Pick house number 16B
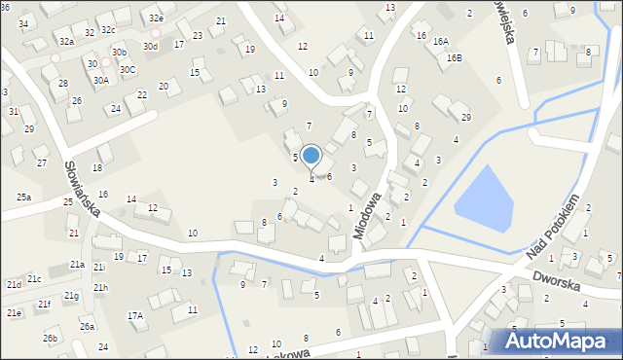click(455, 57)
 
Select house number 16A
click(441, 41)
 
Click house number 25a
click(23, 198)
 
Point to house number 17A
click(135, 315)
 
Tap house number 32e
click(157, 18)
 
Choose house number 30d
click(150, 46)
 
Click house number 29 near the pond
click(465, 118)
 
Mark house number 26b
click(50, 339)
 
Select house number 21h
click(100, 288)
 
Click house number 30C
click(128, 70)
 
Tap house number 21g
click(71, 296)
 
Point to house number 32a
click(66, 42)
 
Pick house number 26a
click(88, 326)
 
